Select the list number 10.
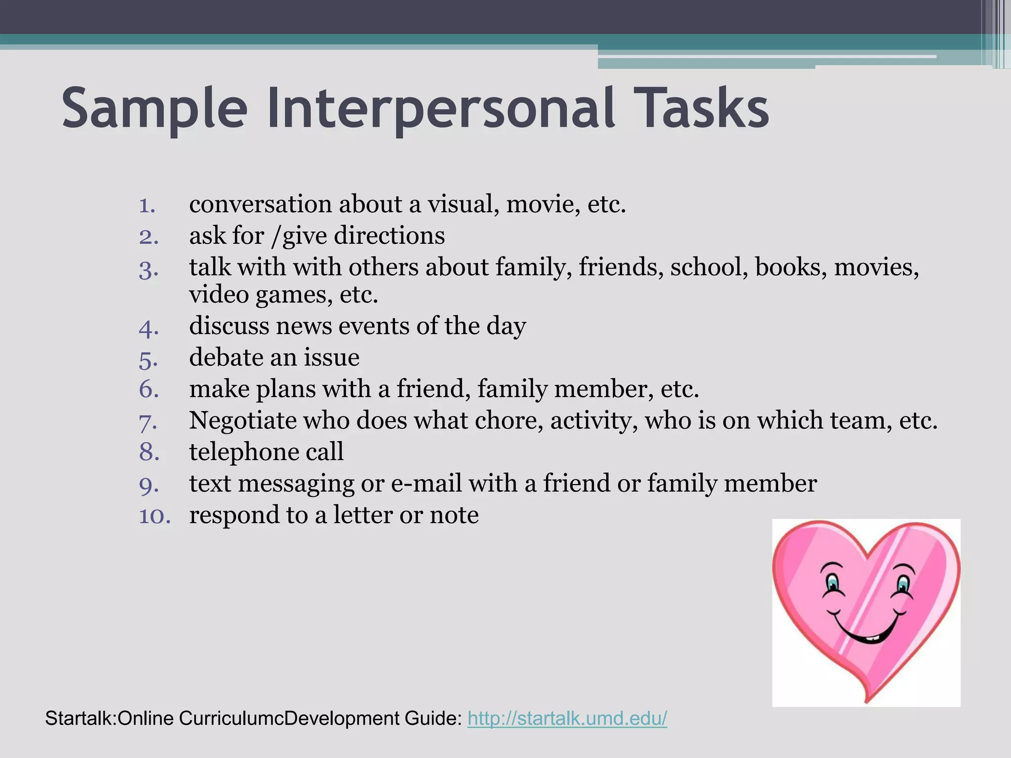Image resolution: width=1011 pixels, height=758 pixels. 155,516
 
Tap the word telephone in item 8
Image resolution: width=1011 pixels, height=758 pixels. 243,452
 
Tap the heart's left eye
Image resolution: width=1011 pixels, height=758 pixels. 833,583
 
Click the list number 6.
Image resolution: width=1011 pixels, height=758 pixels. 148,389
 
